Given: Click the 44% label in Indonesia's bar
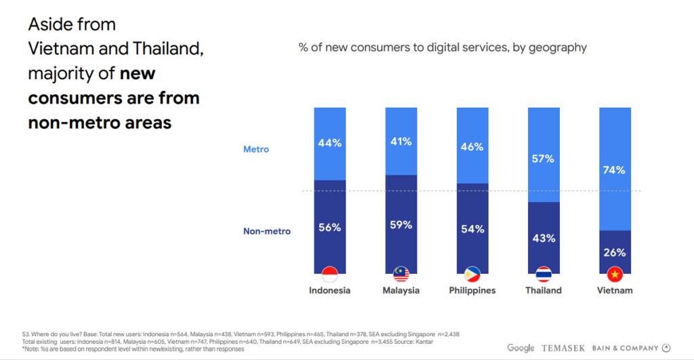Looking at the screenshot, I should click(329, 143).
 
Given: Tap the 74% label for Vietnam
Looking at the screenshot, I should click(614, 170).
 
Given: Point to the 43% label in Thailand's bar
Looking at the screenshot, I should click(544, 238).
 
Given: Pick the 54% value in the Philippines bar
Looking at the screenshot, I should click(472, 229).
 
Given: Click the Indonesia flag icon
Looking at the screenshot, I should click(329, 275).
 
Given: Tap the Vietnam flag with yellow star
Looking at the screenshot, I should click(615, 275).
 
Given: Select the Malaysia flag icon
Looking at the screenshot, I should click(401, 275).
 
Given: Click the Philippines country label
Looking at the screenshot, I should click(472, 290).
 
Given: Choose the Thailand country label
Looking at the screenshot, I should click(544, 290).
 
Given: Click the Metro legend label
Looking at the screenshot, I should click(256, 149).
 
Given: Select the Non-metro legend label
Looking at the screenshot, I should click(267, 231).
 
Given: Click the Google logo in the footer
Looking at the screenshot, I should click(520, 348).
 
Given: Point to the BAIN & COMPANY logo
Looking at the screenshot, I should click(625, 348).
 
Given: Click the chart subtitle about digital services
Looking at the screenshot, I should click(443, 47).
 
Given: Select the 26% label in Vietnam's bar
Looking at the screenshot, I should click(614, 252).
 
